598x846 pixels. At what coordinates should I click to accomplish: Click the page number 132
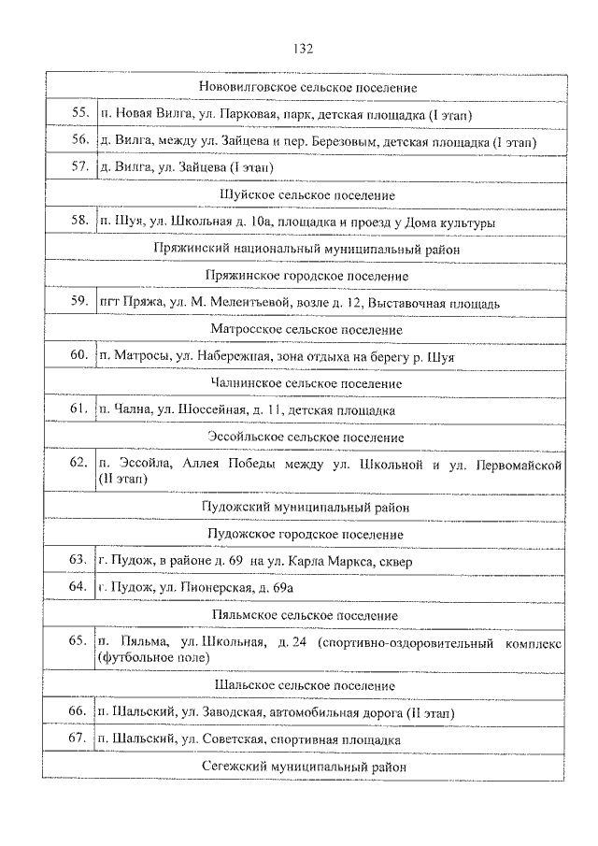click(x=302, y=49)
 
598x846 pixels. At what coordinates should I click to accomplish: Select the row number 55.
click(x=78, y=114)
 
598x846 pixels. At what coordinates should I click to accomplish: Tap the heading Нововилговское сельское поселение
click(x=307, y=87)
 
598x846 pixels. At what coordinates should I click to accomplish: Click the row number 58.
click(x=78, y=222)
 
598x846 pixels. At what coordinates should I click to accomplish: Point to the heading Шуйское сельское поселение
click(x=305, y=194)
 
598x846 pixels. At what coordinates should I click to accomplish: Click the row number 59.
click(x=78, y=302)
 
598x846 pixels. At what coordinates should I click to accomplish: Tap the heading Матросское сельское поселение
click(x=306, y=329)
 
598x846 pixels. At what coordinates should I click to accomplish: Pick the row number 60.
click(x=78, y=356)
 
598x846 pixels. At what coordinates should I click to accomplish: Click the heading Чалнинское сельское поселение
click(x=306, y=383)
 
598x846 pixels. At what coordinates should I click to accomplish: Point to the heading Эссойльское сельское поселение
click(x=306, y=437)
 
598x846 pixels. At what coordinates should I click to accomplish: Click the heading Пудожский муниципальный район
click(x=306, y=507)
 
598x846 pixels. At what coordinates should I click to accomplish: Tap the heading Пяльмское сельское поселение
click(x=306, y=615)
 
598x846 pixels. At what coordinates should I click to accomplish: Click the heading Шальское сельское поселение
click(x=305, y=685)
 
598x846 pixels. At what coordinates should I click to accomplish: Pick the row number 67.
click(x=78, y=738)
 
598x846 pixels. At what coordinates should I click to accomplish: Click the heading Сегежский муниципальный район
click(x=305, y=766)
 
